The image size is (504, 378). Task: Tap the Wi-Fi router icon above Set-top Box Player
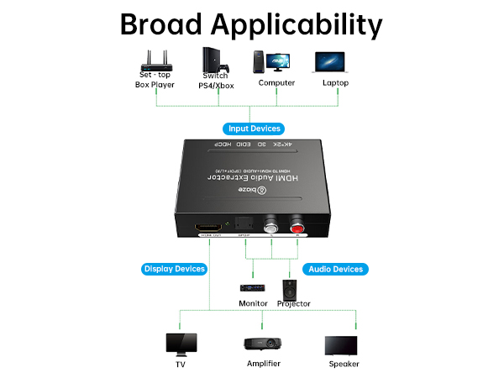point(155,61)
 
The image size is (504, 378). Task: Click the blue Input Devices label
point(252,129)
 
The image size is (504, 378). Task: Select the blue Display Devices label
point(174,269)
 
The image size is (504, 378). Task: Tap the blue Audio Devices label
point(335,269)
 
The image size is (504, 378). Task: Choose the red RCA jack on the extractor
point(296,226)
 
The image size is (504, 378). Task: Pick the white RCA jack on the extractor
point(270,226)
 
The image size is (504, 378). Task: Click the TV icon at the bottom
point(181,344)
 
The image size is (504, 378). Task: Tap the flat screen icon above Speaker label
point(343,344)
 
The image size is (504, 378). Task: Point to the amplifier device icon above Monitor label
point(253,288)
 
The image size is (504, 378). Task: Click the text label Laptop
point(335,83)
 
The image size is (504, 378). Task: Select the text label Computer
point(276,83)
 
